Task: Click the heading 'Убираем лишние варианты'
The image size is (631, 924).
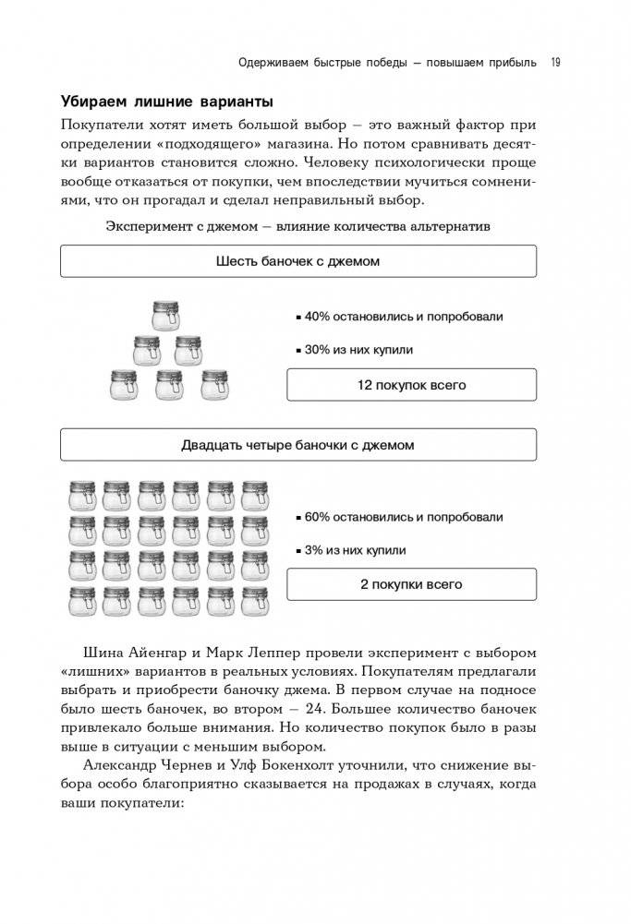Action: point(166,101)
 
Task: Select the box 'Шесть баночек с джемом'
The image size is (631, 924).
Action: point(297,261)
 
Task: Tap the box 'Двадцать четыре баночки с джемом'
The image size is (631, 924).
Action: point(297,445)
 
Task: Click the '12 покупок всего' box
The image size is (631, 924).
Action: point(411,385)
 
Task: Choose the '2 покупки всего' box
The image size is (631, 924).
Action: point(411,584)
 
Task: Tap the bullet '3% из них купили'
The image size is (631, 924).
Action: point(355,550)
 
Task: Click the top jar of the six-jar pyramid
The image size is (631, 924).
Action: point(167,317)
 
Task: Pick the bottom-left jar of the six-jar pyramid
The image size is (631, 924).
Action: point(123,384)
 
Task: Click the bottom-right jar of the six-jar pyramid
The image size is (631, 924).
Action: point(214,384)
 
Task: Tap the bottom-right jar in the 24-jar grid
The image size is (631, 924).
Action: point(256,602)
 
